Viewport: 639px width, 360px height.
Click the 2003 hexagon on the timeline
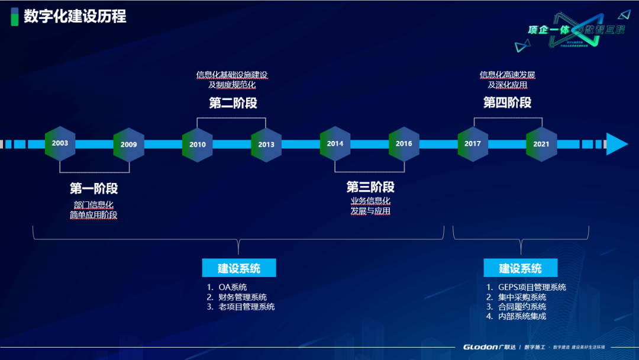(x=60, y=144)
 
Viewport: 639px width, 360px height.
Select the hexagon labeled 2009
(x=128, y=144)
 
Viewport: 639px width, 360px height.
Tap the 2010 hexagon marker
(x=198, y=144)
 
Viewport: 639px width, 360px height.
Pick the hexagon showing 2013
(x=266, y=144)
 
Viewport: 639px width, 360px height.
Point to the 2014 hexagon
(x=335, y=144)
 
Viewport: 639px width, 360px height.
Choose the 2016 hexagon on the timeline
(x=404, y=144)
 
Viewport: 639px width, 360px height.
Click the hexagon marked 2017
(x=473, y=144)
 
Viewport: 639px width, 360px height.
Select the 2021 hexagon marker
(x=541, y=144)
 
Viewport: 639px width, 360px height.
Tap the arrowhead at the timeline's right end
(x=616, y=144)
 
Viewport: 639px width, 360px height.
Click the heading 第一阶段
(x=93, y=189)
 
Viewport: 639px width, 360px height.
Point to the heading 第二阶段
(x=233, y=103)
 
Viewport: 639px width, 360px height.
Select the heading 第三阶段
(x=370, y=188)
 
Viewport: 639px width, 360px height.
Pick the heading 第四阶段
(x=507, y=102)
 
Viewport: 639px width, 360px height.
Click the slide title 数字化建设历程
(x=75, y=17)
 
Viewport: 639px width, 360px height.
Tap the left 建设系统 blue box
(x=239, y=268)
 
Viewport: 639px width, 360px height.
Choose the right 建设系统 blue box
(x=520, y=268)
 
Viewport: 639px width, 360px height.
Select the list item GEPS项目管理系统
(x=532, y=288)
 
